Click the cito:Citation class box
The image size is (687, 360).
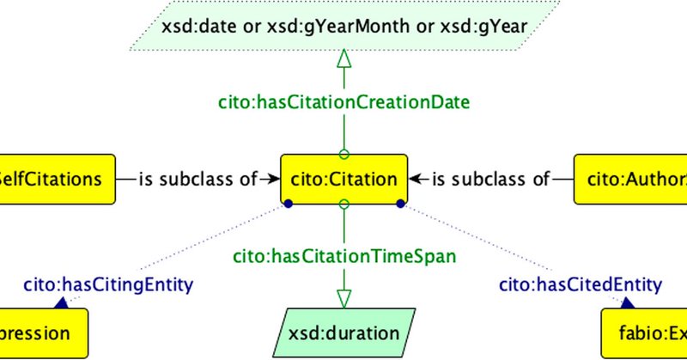tap(343, 180)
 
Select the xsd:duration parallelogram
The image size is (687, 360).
tap(343, 333)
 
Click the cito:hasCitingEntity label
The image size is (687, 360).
tap(107, 284)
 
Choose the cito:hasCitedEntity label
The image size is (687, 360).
tap(581, 284)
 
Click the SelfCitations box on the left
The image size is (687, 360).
tap(57, 180)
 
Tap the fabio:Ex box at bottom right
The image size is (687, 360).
tap(643, 333)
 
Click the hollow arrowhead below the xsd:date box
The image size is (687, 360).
tap(343, 60)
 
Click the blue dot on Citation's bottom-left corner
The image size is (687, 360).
tap(289, 204)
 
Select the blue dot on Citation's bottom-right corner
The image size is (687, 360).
tap(399, 204)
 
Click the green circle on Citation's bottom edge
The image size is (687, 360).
tap(343, 204)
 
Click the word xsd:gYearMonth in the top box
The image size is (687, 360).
tap(344, 27)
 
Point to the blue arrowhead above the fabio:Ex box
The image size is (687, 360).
tap(628, 302)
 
